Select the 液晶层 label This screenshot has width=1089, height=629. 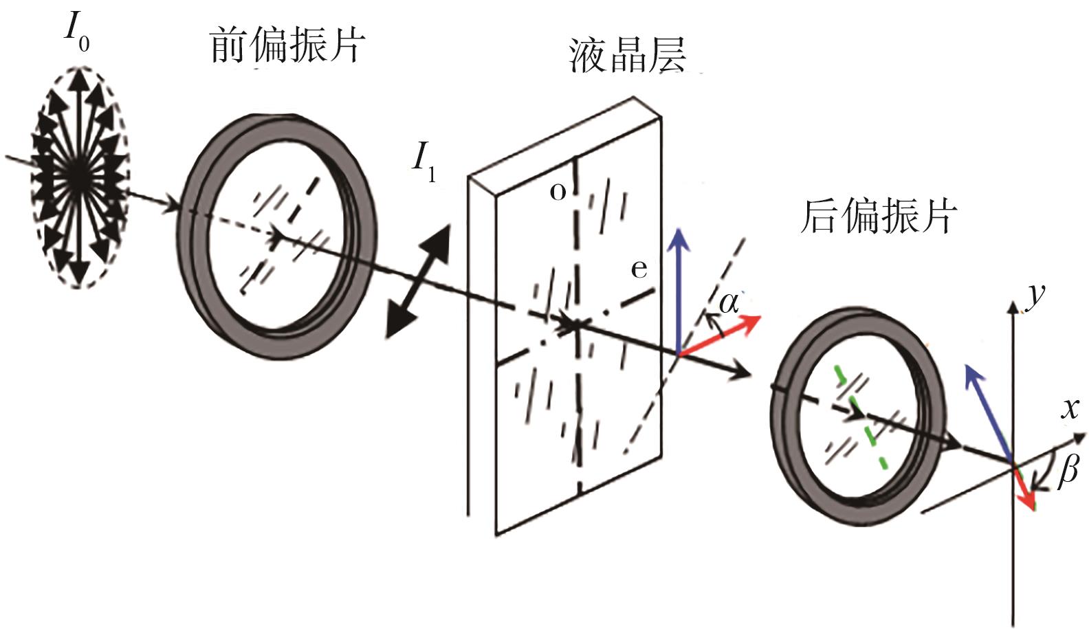point(627,55)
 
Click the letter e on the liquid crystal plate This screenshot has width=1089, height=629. point(639,269)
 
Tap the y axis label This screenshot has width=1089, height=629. point(1033,294)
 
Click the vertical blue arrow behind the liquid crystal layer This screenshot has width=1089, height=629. point(680,289)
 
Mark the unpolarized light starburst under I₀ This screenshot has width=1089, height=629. point(79,176)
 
